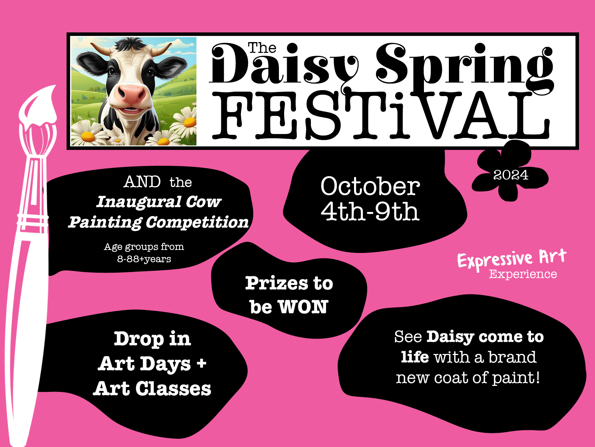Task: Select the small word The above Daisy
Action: [x=262, y=48]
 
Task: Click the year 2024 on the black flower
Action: [x=511, y=175]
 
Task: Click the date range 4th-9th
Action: [x=370, y=212]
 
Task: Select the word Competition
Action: [x=197, y=222]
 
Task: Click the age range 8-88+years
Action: [x=144, y=259]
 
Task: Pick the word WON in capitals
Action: [x=303, y=307]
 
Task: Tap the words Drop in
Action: [x=152, y=339]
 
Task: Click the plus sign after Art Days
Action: [x=202, y=363]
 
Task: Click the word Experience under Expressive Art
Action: [x=523, y=274]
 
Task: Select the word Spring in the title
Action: [x=465, y=65]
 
